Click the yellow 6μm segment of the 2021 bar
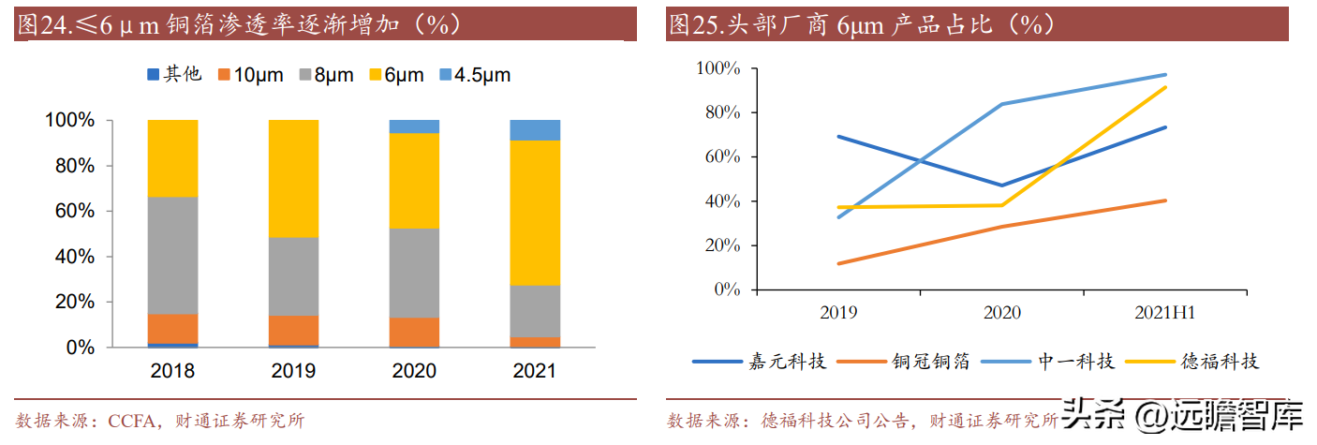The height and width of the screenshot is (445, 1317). point(535,213)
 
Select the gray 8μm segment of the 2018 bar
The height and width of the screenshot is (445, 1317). point(172,256)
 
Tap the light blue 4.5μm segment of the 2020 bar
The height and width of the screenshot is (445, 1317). point(414,126)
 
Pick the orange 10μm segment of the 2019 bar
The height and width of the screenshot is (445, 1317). point(293,331)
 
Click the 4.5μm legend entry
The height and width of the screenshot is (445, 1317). point(475,75)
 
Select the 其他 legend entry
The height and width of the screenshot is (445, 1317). point(174,75)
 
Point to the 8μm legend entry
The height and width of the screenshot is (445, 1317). point(326,75)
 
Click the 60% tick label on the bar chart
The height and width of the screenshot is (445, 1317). point(75,211)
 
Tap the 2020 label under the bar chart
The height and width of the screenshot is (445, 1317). point(414,371)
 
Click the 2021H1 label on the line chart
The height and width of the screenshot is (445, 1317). point(1164,313)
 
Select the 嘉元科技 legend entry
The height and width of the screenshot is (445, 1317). point(759,362)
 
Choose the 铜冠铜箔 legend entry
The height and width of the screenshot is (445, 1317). point(903,362)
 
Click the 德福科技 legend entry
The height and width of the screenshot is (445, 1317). point(1191,362)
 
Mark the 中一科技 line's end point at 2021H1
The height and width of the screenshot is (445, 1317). point(1165,75)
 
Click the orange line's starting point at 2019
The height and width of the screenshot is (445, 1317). point(838,263)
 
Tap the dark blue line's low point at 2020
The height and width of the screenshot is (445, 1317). point(1002,185)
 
